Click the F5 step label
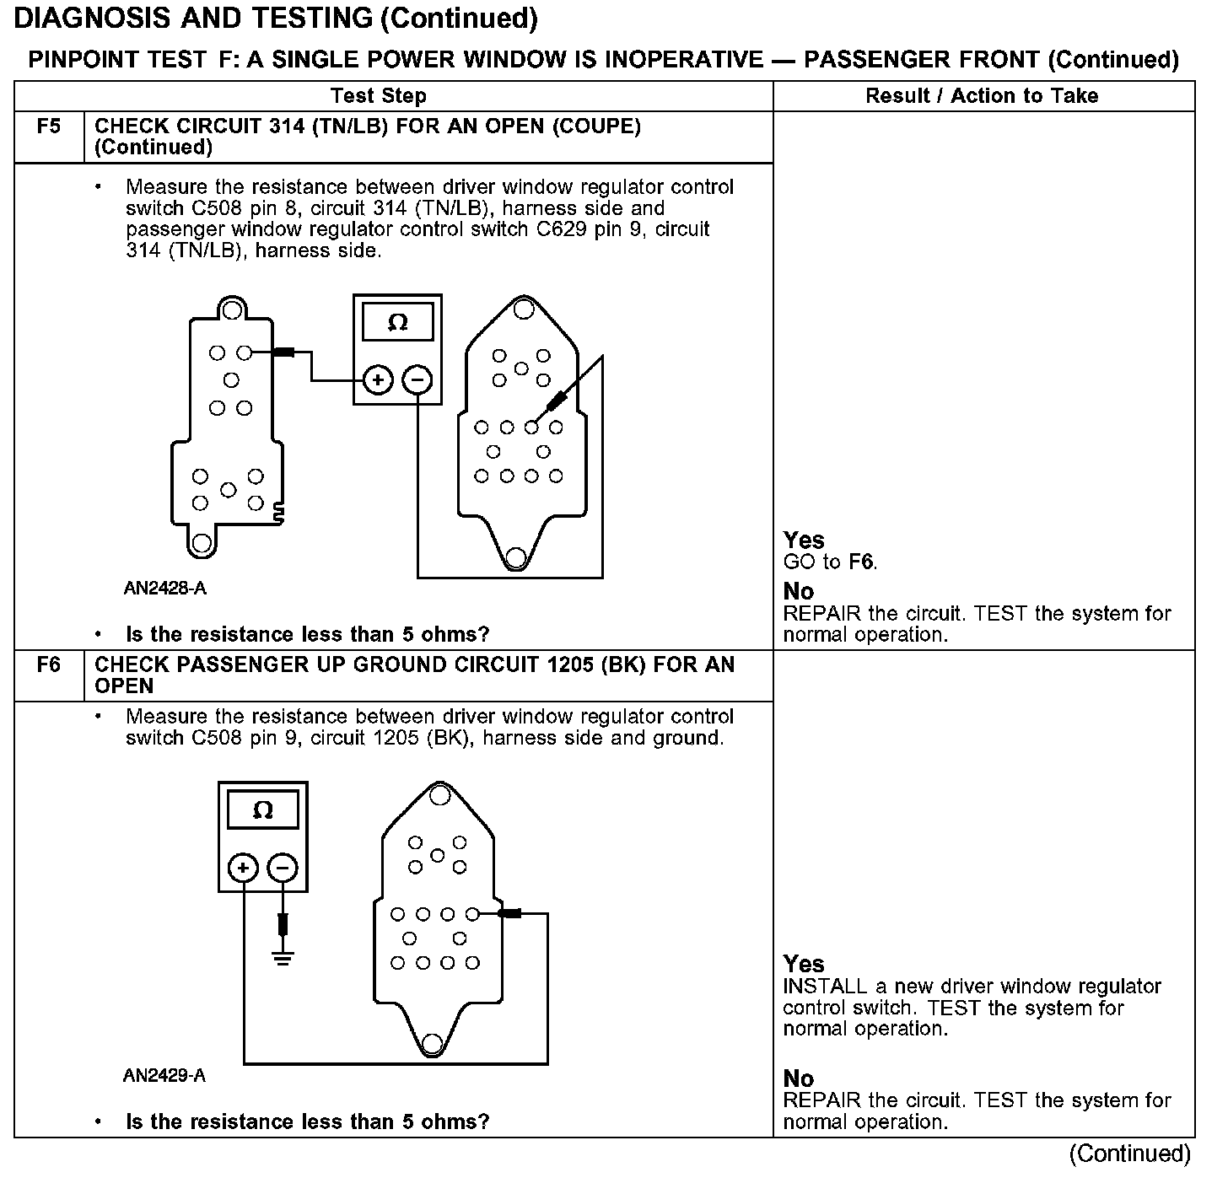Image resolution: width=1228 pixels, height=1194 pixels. click(49, 126)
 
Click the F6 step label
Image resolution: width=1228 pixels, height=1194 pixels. click(49, 665)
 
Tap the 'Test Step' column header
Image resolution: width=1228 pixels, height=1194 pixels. click(379, 96)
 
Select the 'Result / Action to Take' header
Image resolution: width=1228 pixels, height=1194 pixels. click(982, 96)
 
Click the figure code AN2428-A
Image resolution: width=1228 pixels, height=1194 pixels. click(164, 589)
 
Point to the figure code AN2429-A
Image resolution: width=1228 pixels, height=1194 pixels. click(164, 1076)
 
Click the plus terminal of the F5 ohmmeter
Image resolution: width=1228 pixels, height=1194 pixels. click(378, 381)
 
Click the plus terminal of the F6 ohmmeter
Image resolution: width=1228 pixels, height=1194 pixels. click(243, 869)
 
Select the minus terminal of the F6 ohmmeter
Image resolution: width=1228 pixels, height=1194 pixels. click(283, 869)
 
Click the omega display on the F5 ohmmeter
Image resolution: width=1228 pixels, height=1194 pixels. click(397, 322)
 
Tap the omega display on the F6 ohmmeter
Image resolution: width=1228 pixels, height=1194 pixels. click(263, 810)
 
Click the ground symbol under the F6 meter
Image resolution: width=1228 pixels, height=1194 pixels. click(283, 958)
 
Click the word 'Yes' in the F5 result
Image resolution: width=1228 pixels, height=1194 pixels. click(804, 540)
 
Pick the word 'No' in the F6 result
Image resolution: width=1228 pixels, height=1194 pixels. click(799, 1078)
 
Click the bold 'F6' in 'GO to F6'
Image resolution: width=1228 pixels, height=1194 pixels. click(861, 562)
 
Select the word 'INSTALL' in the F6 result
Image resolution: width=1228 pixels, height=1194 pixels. click(825, 987)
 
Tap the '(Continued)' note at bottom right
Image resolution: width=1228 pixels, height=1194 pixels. click(1130, 1154)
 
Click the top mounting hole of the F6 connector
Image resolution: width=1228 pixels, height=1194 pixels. click(439, 795)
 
